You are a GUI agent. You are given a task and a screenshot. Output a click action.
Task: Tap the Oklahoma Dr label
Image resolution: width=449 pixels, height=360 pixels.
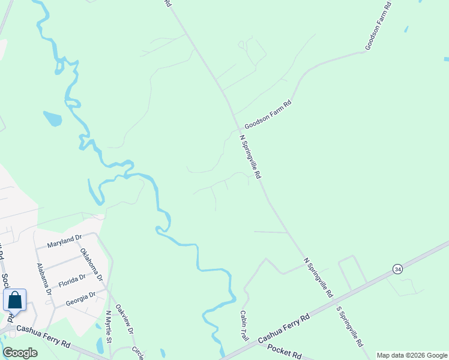[x=91, y=265]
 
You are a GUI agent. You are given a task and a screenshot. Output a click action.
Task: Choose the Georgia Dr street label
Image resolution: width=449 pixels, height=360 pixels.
[x=80, y=298]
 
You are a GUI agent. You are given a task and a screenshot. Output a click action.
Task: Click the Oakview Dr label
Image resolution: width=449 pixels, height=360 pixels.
[x=124, y=319]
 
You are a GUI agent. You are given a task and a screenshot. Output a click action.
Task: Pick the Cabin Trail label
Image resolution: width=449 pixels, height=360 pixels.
[x=244, y=326]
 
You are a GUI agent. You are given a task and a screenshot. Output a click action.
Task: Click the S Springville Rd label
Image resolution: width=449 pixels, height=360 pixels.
[x=350, y=327]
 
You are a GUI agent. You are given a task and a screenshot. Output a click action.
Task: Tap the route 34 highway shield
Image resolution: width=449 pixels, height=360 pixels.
[x=397, y=269]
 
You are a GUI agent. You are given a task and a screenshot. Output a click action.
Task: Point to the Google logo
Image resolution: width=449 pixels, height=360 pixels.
[x=20, y=353]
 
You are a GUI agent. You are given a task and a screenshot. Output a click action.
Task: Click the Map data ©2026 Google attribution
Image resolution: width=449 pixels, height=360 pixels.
[x=412, y=355]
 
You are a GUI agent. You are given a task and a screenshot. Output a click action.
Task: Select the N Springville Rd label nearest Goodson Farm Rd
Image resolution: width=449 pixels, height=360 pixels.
[x=251, y=156]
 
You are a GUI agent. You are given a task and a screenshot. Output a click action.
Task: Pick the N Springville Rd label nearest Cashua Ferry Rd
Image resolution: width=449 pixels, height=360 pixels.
[x=318, y=278]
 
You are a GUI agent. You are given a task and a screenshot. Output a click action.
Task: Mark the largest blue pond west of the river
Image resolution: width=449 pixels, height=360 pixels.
[x=53, y=118]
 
